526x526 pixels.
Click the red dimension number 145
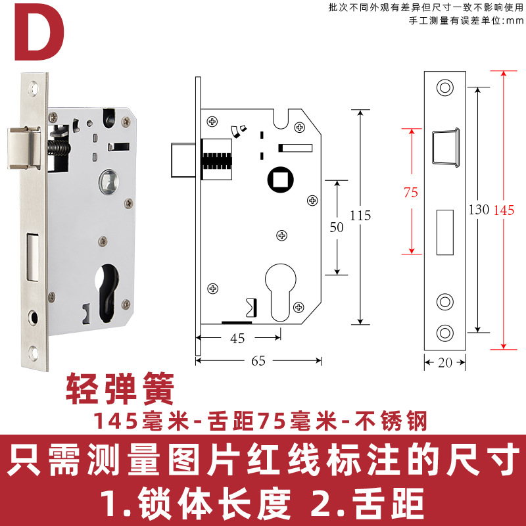(x=504, y=210)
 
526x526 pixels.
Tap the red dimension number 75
(x=411, y=193)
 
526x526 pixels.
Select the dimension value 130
(x=479, y=210)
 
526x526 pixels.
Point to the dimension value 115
(x=360, y=216)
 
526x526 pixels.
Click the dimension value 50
(x=337, y=227)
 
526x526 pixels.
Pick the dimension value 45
(x=237, y=339)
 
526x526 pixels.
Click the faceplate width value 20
(x=445, y=361)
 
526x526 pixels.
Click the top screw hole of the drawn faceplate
(x=445, y=88)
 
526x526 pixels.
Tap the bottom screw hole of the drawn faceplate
(x=445, y=332)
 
